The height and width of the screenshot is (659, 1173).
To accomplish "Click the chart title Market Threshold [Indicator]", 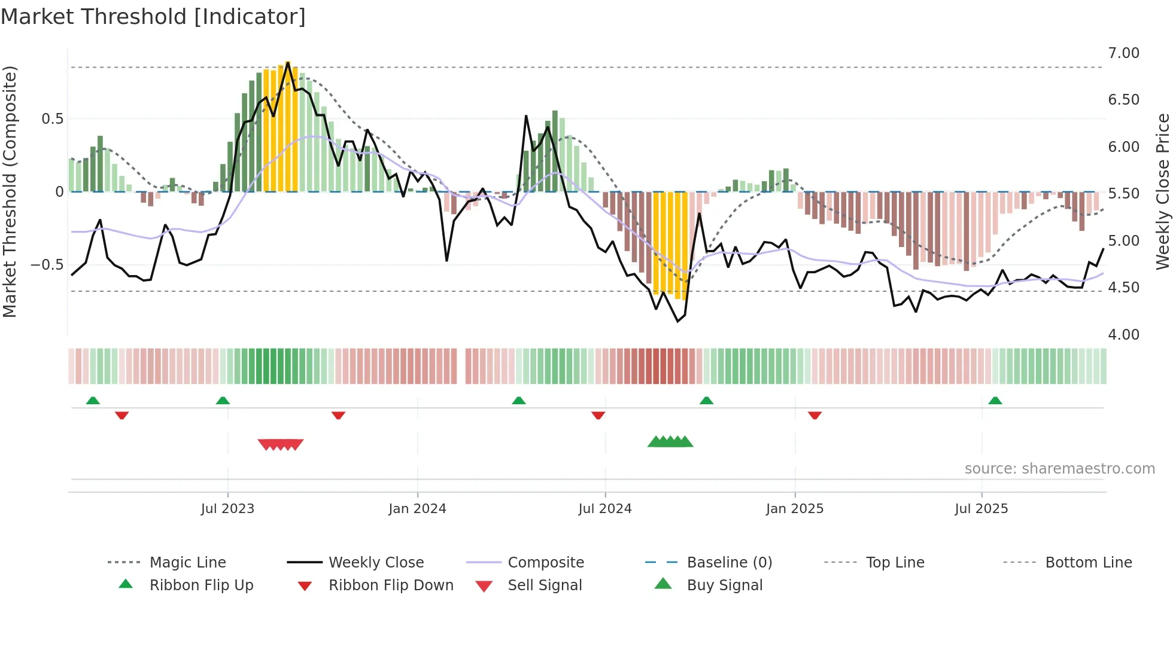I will coord(153,17).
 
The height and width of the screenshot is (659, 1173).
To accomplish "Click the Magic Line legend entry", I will coord(187,562).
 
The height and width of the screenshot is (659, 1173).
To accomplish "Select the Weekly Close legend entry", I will coord(376,562).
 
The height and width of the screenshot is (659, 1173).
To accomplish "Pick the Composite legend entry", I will coord(545,562).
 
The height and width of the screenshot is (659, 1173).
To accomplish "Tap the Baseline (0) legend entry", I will coord(729,562).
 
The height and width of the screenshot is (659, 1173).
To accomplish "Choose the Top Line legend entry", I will coord(895,562).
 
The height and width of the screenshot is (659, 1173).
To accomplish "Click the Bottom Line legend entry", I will coord(1088,562).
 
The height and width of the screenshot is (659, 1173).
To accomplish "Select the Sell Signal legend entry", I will coord(544,585).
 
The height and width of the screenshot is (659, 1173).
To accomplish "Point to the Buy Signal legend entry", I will coord(724,585).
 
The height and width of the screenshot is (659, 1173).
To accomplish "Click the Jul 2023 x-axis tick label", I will coord(227,508).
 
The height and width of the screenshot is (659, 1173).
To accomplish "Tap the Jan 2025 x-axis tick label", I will coord(795,508).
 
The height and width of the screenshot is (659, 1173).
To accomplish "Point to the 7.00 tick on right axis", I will coord(1123,53).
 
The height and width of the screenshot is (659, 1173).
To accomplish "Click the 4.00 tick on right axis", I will coord(1123,334).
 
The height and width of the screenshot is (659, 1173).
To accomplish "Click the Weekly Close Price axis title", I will coord(1162,191).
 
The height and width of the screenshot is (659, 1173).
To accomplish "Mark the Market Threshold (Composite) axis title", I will coord(10,191).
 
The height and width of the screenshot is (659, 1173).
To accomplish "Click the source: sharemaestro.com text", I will coord(1059,468).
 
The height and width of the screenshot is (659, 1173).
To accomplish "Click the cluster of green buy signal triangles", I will coord(670,442).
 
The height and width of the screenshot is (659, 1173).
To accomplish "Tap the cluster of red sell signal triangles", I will coord(281,444).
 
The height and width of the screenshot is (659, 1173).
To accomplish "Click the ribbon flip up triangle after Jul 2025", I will coord(995,400).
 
